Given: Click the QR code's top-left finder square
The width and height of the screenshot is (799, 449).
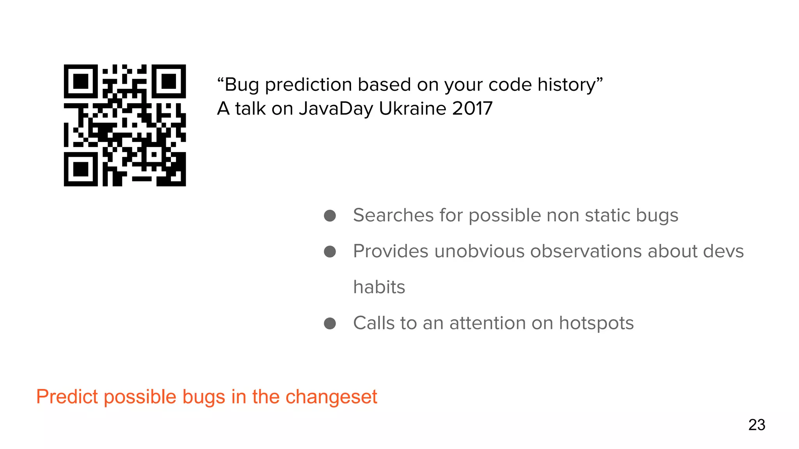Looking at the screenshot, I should click(81, 81).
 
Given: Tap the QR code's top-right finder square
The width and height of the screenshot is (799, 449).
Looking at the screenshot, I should click(169, 81).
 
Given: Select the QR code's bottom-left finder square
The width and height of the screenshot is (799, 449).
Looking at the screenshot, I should click(81, 169).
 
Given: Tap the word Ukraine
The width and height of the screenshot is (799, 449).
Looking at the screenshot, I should click(412, 108).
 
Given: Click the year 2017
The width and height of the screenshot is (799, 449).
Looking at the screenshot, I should click(472, 108).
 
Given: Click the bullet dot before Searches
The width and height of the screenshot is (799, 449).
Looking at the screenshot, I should click(330, 216).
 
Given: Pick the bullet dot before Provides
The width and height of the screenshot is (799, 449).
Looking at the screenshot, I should click(330, 252).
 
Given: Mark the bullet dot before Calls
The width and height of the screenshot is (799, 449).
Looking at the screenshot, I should click(330, 323).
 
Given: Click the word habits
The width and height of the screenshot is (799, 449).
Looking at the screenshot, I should click(379, 287).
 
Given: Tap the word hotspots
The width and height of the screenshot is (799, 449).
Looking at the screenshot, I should click(596, 323).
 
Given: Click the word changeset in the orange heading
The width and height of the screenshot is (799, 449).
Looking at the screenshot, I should click(331, 397).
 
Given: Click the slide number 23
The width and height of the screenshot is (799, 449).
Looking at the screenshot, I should click(756, 425).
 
